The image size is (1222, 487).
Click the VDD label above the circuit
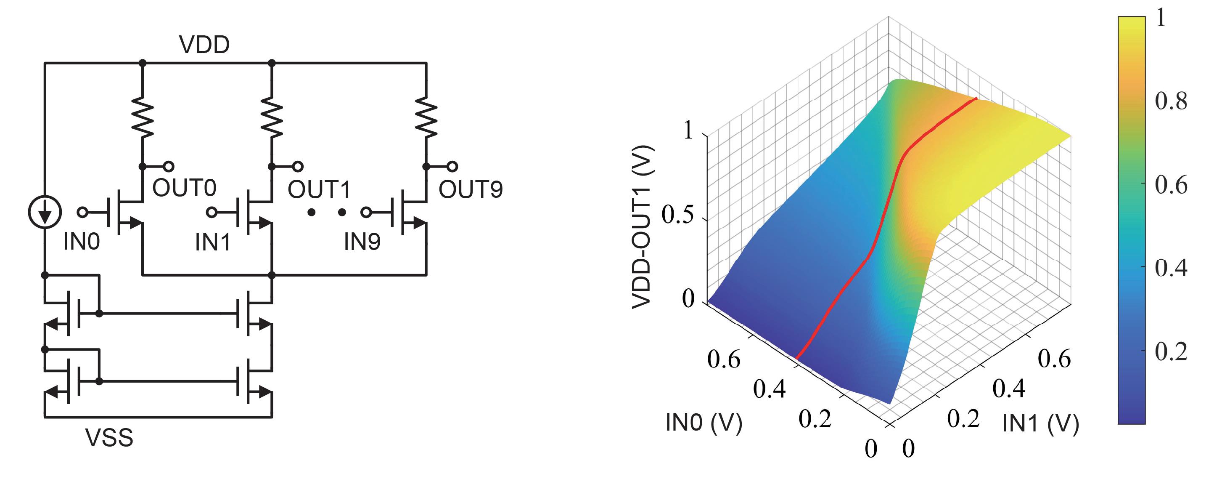click(204, 45)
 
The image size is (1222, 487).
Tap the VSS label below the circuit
click(109, 437)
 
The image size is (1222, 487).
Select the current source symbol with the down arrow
click(45, 212)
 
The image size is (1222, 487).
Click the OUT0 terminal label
click(184, 188)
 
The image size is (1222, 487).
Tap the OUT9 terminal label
click(470, 189)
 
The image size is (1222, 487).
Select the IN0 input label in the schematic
click(81, 242)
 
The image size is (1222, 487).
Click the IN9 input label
click(362, 242)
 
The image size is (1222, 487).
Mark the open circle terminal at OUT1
click(297, 167)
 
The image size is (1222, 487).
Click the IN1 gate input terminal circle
click(212, 212)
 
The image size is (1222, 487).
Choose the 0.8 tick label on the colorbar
click(1171, 101)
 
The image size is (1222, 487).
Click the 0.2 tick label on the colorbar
click(1171, 352)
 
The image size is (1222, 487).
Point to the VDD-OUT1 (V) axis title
click(643, 227)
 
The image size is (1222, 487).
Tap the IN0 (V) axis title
click(704, 422)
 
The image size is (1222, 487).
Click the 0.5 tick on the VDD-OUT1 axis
click(678, 216)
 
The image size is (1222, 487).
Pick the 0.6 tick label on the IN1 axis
click(1054, 359)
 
